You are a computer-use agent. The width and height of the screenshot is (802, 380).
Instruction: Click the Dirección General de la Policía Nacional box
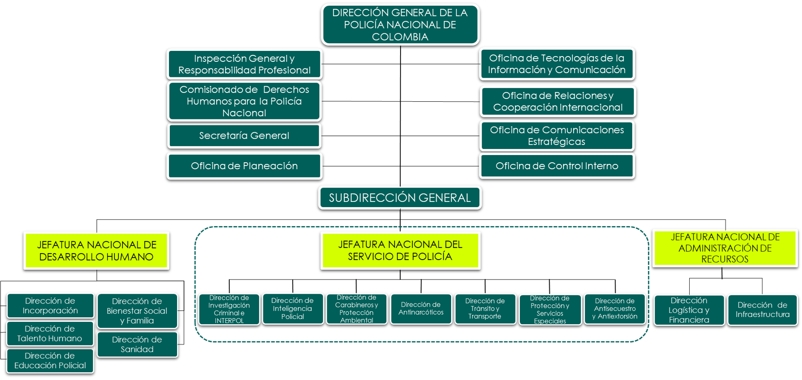(400, 24)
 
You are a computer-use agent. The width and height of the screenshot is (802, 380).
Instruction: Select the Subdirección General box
(400, 198)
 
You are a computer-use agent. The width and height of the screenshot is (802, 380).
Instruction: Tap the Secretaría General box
(244, 136)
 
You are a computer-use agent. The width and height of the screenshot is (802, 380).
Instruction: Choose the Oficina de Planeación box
(244, 166)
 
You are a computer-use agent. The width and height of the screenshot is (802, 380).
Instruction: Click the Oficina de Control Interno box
(557, 166)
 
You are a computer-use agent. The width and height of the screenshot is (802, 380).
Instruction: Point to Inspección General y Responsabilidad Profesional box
(244, 64)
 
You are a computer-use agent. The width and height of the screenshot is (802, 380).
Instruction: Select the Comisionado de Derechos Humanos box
(244, 101)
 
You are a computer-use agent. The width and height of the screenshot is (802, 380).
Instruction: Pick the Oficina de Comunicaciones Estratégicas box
(557, 136)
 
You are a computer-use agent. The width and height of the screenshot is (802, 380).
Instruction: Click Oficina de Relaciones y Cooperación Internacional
(558, 101)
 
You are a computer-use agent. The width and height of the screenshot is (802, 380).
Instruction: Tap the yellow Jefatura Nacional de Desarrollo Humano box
(96, 251)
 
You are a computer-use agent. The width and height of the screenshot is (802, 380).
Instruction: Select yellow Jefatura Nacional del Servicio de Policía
(400, 251)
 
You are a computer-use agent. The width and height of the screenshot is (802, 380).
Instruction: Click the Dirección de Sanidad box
(137, 345)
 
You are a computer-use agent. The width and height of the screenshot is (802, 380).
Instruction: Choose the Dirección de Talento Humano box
(50, 334)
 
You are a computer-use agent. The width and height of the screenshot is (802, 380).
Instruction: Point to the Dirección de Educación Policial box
(50, 361)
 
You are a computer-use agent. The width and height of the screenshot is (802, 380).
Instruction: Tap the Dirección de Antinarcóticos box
(421, 309)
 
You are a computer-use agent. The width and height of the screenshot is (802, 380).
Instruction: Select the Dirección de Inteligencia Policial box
(293, 309)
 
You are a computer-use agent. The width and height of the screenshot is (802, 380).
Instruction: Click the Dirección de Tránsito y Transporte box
(485, 309)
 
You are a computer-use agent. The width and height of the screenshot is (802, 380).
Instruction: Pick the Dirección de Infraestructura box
(762, 310)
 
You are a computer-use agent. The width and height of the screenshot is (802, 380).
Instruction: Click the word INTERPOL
(229, 321)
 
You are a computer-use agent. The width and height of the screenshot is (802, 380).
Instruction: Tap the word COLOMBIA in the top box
(400, 37)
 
